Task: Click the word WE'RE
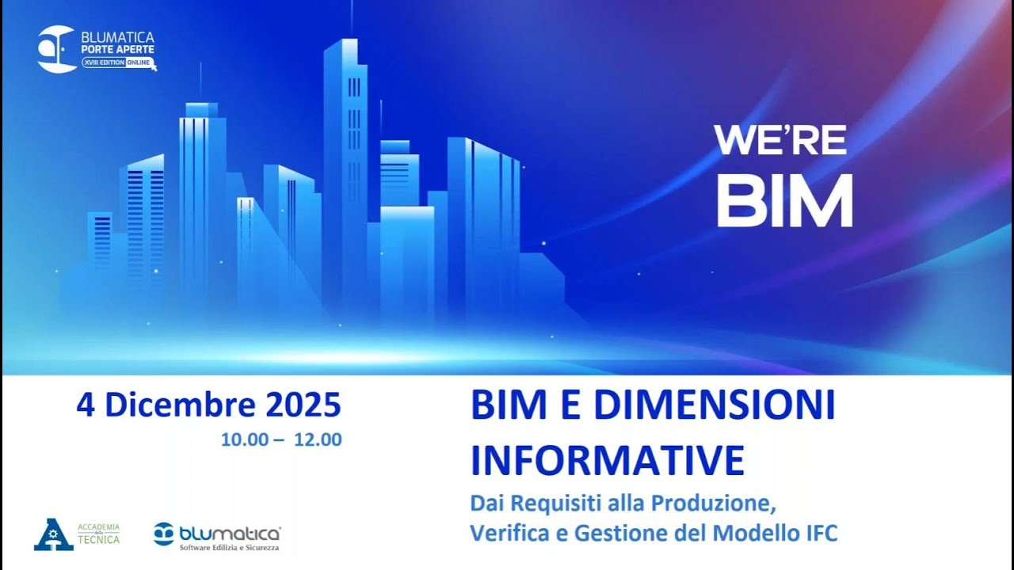click(780, 140)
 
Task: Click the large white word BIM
click(784, 201)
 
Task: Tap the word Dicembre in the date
click(181, 405)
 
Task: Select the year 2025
click(303, 405)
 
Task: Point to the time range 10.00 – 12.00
click(281, 439)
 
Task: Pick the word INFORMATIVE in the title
click(608, 460)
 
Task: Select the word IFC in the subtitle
click(819, 533)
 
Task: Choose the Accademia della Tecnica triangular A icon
click(53, 534)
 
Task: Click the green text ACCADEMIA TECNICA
click(98, 534)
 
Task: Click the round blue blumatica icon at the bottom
click(164, 534)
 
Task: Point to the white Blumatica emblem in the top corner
click(56, 49)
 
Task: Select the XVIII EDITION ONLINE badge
click(119, 63)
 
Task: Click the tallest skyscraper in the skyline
click(345, 158)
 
